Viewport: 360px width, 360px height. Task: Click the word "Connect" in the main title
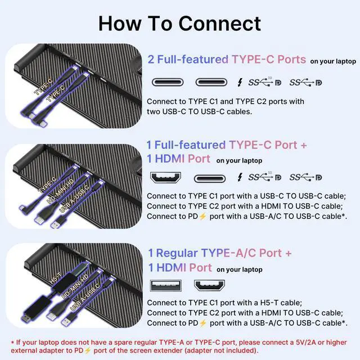pyautogui.click(x=219, y=23)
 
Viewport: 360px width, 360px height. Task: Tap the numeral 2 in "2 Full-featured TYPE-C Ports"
pyautogui.click(x=151, y=60)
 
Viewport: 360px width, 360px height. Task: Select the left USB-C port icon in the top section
pyautogui.click(x=168, y=82)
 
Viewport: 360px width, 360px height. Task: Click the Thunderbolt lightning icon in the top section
pyautogui.click(x=240, y=82)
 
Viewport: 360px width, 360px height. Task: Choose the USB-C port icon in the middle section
pyautogui.click(x=211, y=178)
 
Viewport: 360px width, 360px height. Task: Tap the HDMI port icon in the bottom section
pyautogui.click(x=209, y=285)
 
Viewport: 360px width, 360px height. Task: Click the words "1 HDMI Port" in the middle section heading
pyautogui.click(x=179, y=159)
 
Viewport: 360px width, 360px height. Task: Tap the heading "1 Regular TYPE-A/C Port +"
pyautogui.click(x=220, y=253)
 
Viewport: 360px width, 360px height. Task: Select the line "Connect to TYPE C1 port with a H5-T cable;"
pyautogui.click(x=224, y=303)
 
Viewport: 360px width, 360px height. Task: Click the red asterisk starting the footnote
pyautogui.click(x=13, y=342)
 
